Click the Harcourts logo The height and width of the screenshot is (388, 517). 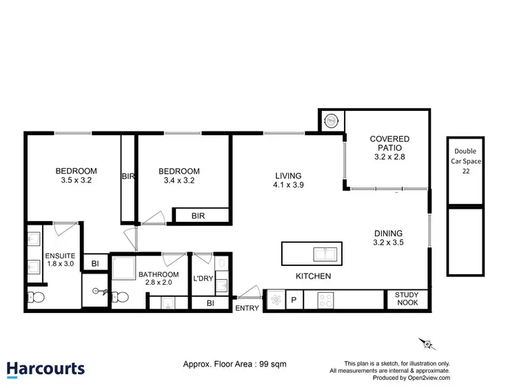[45, 369]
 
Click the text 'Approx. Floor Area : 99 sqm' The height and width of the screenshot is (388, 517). [234, 363]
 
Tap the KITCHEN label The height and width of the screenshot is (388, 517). [314, 276]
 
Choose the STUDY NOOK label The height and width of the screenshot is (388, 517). [407, 299]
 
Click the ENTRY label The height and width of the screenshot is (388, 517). [247, 308]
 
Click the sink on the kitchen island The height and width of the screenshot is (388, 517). [325, 254]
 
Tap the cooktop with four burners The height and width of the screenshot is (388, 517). [325, 300]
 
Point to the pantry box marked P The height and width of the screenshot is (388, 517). [293, 300]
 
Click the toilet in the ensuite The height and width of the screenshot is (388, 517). [36, 298]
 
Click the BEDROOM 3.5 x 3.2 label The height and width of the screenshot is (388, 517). [76, 176]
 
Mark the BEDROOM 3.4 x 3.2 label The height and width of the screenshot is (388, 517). [179, 176]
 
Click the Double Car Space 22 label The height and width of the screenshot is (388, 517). [465, 161]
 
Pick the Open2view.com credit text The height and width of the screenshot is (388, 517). [411, 378]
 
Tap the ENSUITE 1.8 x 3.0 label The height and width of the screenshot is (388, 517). [59, 259]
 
